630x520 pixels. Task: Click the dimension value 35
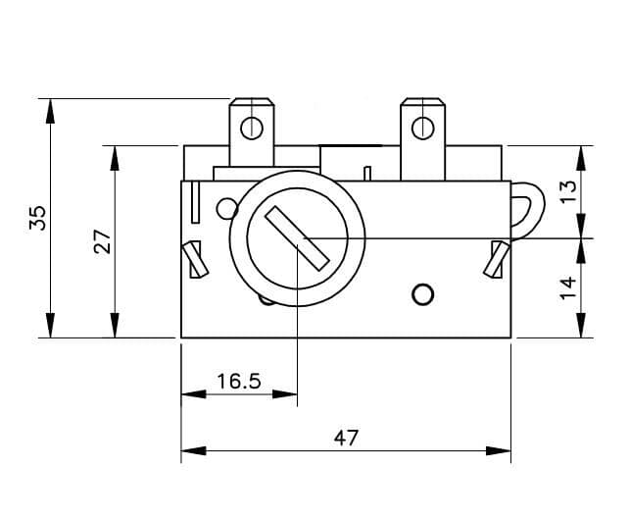click(37, 217)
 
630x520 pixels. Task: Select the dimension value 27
click(101, 241)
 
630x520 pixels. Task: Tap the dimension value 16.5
click(238, 381)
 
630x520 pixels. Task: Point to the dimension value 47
click(346, 438)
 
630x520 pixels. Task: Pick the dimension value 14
click(567, 288)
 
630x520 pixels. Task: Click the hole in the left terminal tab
click(252, 128)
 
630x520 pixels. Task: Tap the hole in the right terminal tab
click(422, 128)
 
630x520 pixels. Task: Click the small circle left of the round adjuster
click(226, 208)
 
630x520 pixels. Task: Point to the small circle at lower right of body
click(422, 293)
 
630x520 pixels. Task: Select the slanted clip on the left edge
click(195, 260)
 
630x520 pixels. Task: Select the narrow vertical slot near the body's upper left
click(198, 201)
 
